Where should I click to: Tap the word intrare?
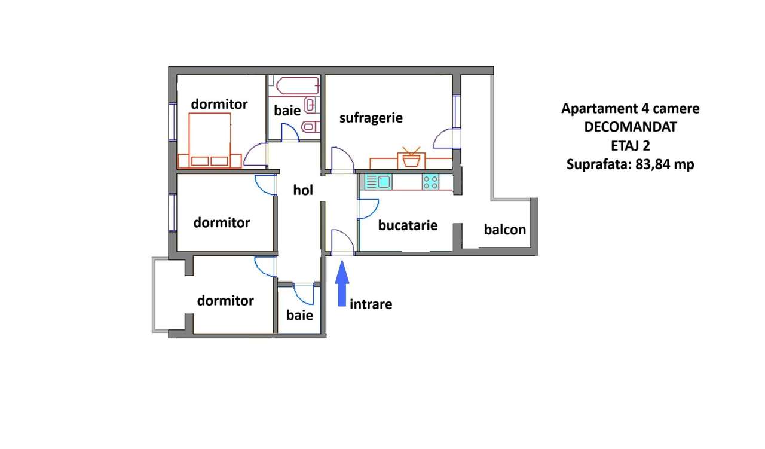click(x=371, y=304)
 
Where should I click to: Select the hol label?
click(x=303, y=190)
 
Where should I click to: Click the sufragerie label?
click(x=371, y=118)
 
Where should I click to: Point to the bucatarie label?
click(x=408, y=225)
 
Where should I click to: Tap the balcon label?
click(x=505, y=229)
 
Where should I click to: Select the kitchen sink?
click(x=377, y=182)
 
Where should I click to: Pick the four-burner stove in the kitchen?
click(x=430, y=182)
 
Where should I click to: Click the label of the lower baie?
click(x=299, y=315)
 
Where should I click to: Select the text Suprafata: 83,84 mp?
click(x=630, y=164)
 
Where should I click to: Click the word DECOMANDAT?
click(x=631, y=127)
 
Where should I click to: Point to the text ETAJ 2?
click(x=630, y=145)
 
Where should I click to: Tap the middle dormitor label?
click(x=222, y=223)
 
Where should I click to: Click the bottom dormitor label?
click(x=225, y=301)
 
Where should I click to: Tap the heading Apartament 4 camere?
click(x=630, y=109)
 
